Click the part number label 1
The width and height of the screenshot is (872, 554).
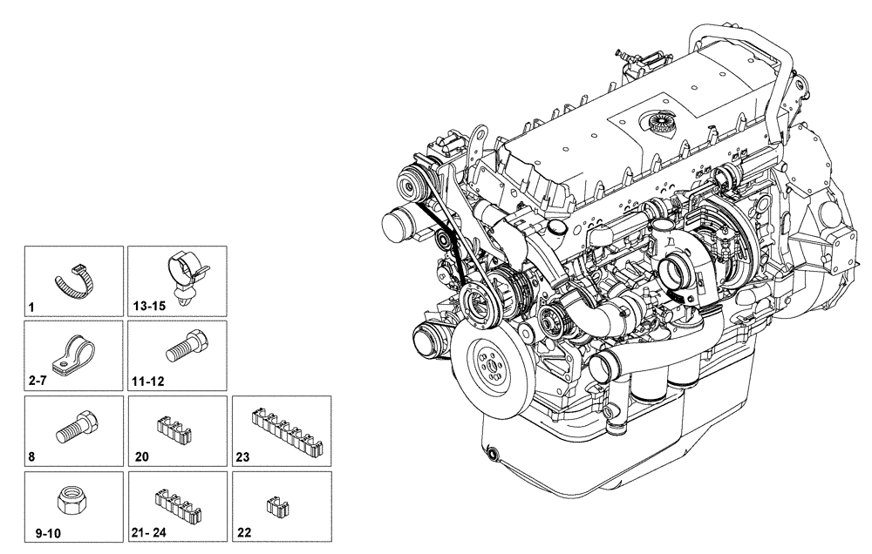(x=31, y=307)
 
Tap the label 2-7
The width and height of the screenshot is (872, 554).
(x=37, y=382)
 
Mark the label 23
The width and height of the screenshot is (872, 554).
(x=243, y=456)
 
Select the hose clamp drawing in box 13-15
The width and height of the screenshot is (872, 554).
(x=185, y=272)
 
